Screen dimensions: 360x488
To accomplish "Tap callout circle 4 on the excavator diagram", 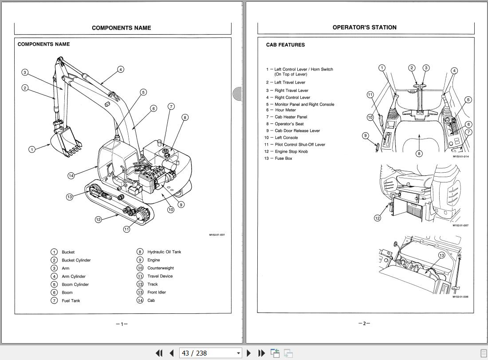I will point(121,69).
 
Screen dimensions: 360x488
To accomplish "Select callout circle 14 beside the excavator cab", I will point(71,176).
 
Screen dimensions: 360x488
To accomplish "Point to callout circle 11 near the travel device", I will point(126,229).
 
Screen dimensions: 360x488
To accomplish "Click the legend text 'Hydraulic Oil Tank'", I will point(164,252).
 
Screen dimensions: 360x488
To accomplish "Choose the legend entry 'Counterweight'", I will point(161,268).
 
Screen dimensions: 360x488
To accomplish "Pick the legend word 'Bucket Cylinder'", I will point(76,260).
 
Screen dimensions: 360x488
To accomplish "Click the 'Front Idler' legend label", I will point(157,292).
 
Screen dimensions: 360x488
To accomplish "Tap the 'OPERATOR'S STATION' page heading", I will point(364,28).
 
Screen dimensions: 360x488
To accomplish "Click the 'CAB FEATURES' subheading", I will point(285,45).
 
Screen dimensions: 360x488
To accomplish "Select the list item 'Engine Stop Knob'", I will point(291,151).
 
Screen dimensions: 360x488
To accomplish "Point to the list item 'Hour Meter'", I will point(285,110).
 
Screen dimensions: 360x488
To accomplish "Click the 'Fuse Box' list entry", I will point(283,158).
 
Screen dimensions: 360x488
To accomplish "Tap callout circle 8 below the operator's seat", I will point(419,154).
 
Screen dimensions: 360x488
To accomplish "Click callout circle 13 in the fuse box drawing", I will point(441,255).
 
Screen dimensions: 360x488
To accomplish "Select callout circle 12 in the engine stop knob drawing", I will point(378,218).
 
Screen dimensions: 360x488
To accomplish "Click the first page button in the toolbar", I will point(159,353).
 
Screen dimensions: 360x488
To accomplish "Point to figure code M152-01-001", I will point(217,235).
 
